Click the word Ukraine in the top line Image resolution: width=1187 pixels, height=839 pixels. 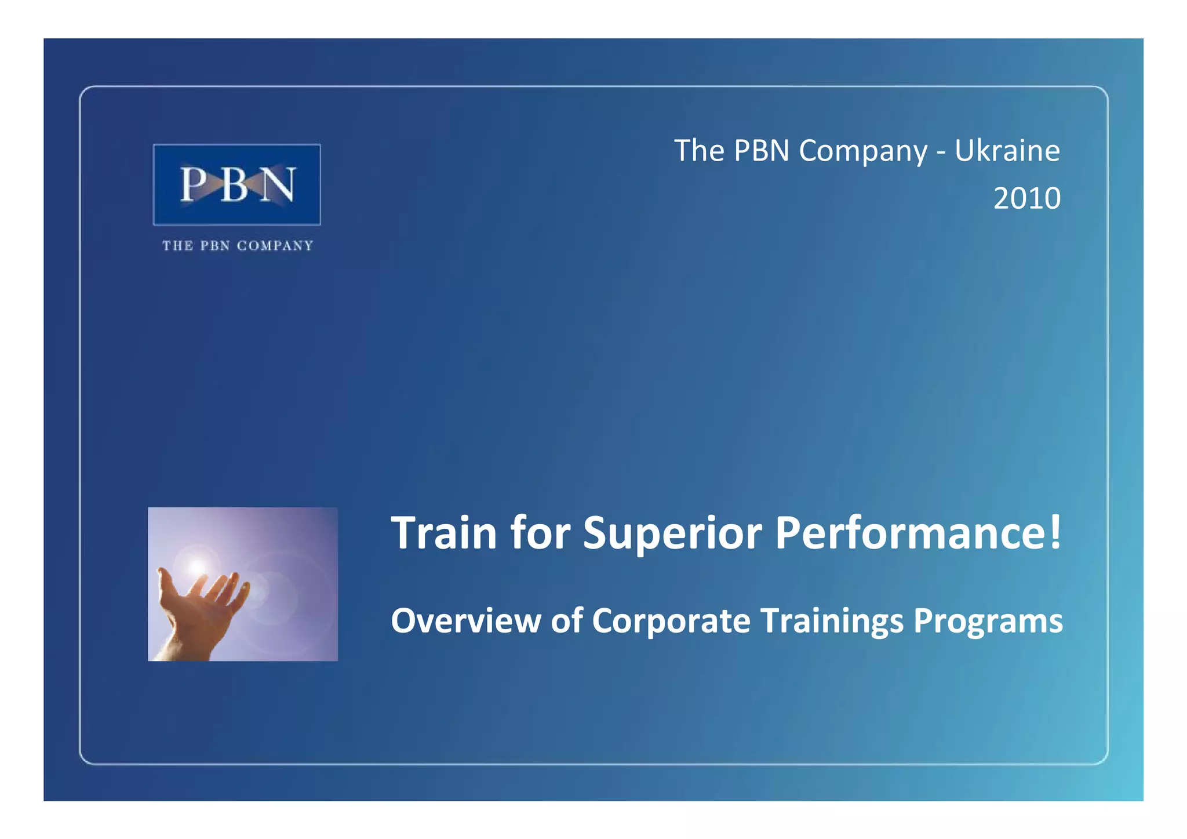(1007, 151)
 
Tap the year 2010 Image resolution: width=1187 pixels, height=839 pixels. (1026, 198)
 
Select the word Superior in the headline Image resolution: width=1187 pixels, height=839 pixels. (672, 533)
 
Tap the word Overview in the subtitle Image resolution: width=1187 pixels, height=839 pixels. (465, 620)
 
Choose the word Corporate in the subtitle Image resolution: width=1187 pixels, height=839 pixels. (671, 620)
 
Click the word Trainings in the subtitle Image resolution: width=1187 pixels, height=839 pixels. (832, 622)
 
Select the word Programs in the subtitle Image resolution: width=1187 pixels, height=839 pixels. (988, 622)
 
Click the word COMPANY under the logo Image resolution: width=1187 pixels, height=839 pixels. (275, 246)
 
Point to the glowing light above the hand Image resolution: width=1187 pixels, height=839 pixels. (198, 565)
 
